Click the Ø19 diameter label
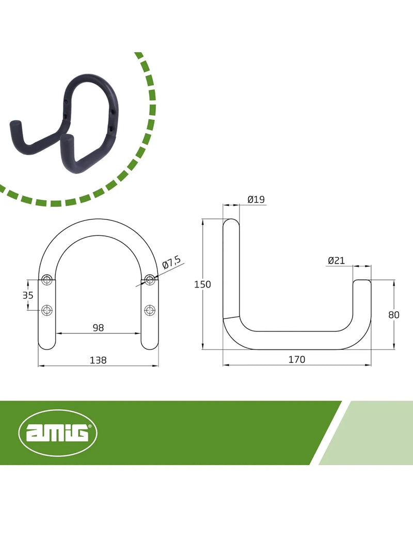pyautogui.click(x=256, y=199)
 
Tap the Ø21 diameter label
pyautogui.click(x=336, y=260)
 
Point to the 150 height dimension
pyautogui.click(x=202, y=284)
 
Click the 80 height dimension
pyautogui.click(x=394, y=315)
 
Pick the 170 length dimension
pyautogui.click(x=297, y=359)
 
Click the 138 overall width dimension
pyautogui.click(x=98, y=360)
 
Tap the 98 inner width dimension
pyautogui.click(x=98, y=328)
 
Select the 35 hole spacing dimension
pyautogui.click(x=28, y=295)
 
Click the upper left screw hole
pyautogui.click(x=46, y=280)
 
